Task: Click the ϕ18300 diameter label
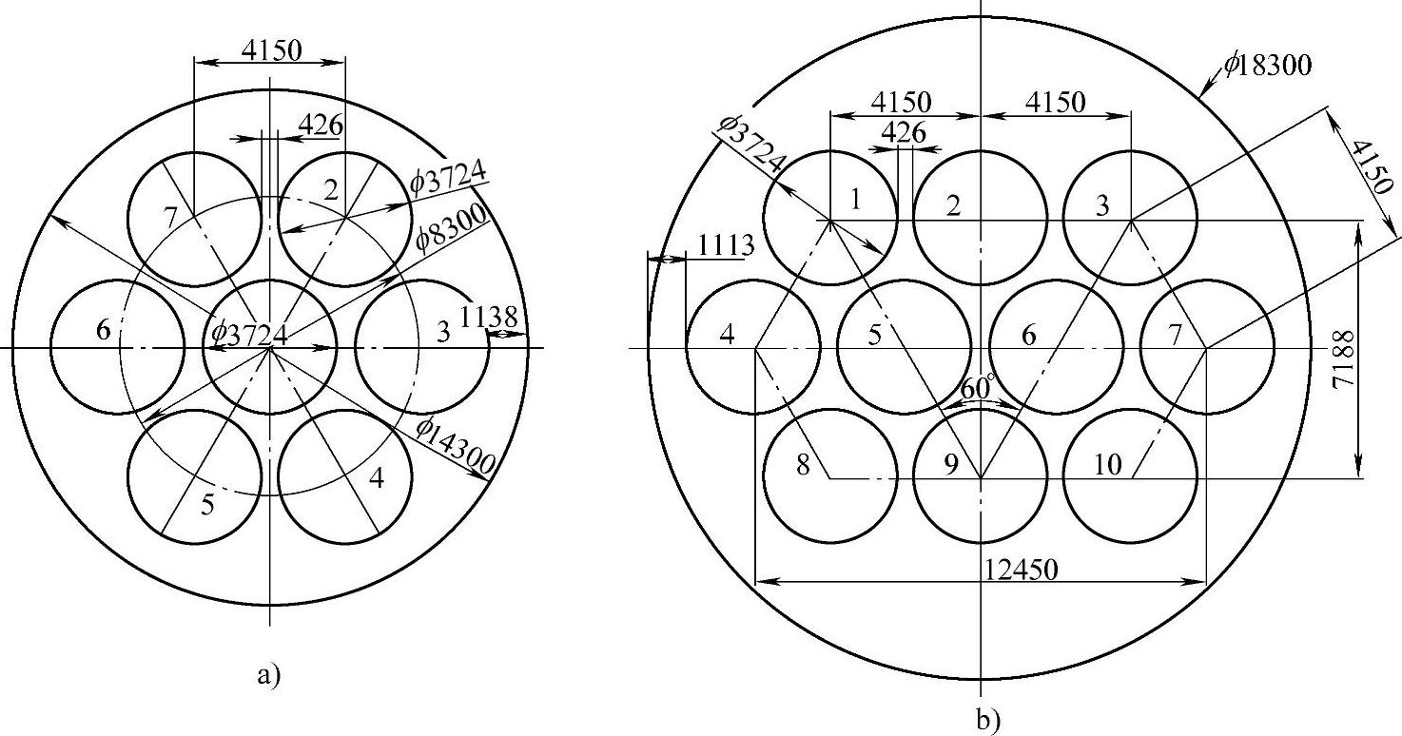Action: tap(1268, 65)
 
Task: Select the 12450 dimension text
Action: tap(1021, 570)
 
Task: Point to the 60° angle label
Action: tap(977, 388)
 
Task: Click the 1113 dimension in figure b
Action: tap(726, 246)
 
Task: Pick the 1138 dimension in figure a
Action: tap(489, 317)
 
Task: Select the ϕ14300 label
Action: tap(457, 446)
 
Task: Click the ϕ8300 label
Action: tap(450, 228)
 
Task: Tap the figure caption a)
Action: tap(268, 675)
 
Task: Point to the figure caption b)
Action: tap(988, 721)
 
